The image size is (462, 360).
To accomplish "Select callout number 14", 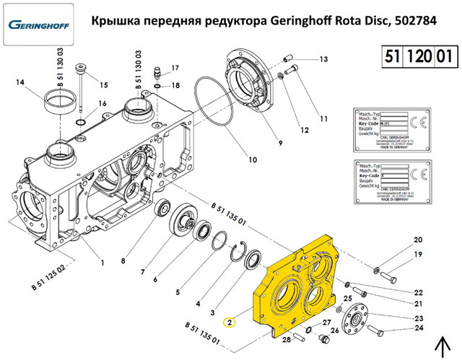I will pos(19,82).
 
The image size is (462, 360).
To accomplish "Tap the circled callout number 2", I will pos(230,323).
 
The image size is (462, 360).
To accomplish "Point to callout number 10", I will pos(253,159).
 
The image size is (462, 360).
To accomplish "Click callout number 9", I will pos(272,144).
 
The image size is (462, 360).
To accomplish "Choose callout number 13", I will pos(323,59).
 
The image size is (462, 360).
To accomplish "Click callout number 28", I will pos(286,339).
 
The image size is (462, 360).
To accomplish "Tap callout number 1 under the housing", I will pos(102,262).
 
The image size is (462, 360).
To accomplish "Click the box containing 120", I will pos(419,56).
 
